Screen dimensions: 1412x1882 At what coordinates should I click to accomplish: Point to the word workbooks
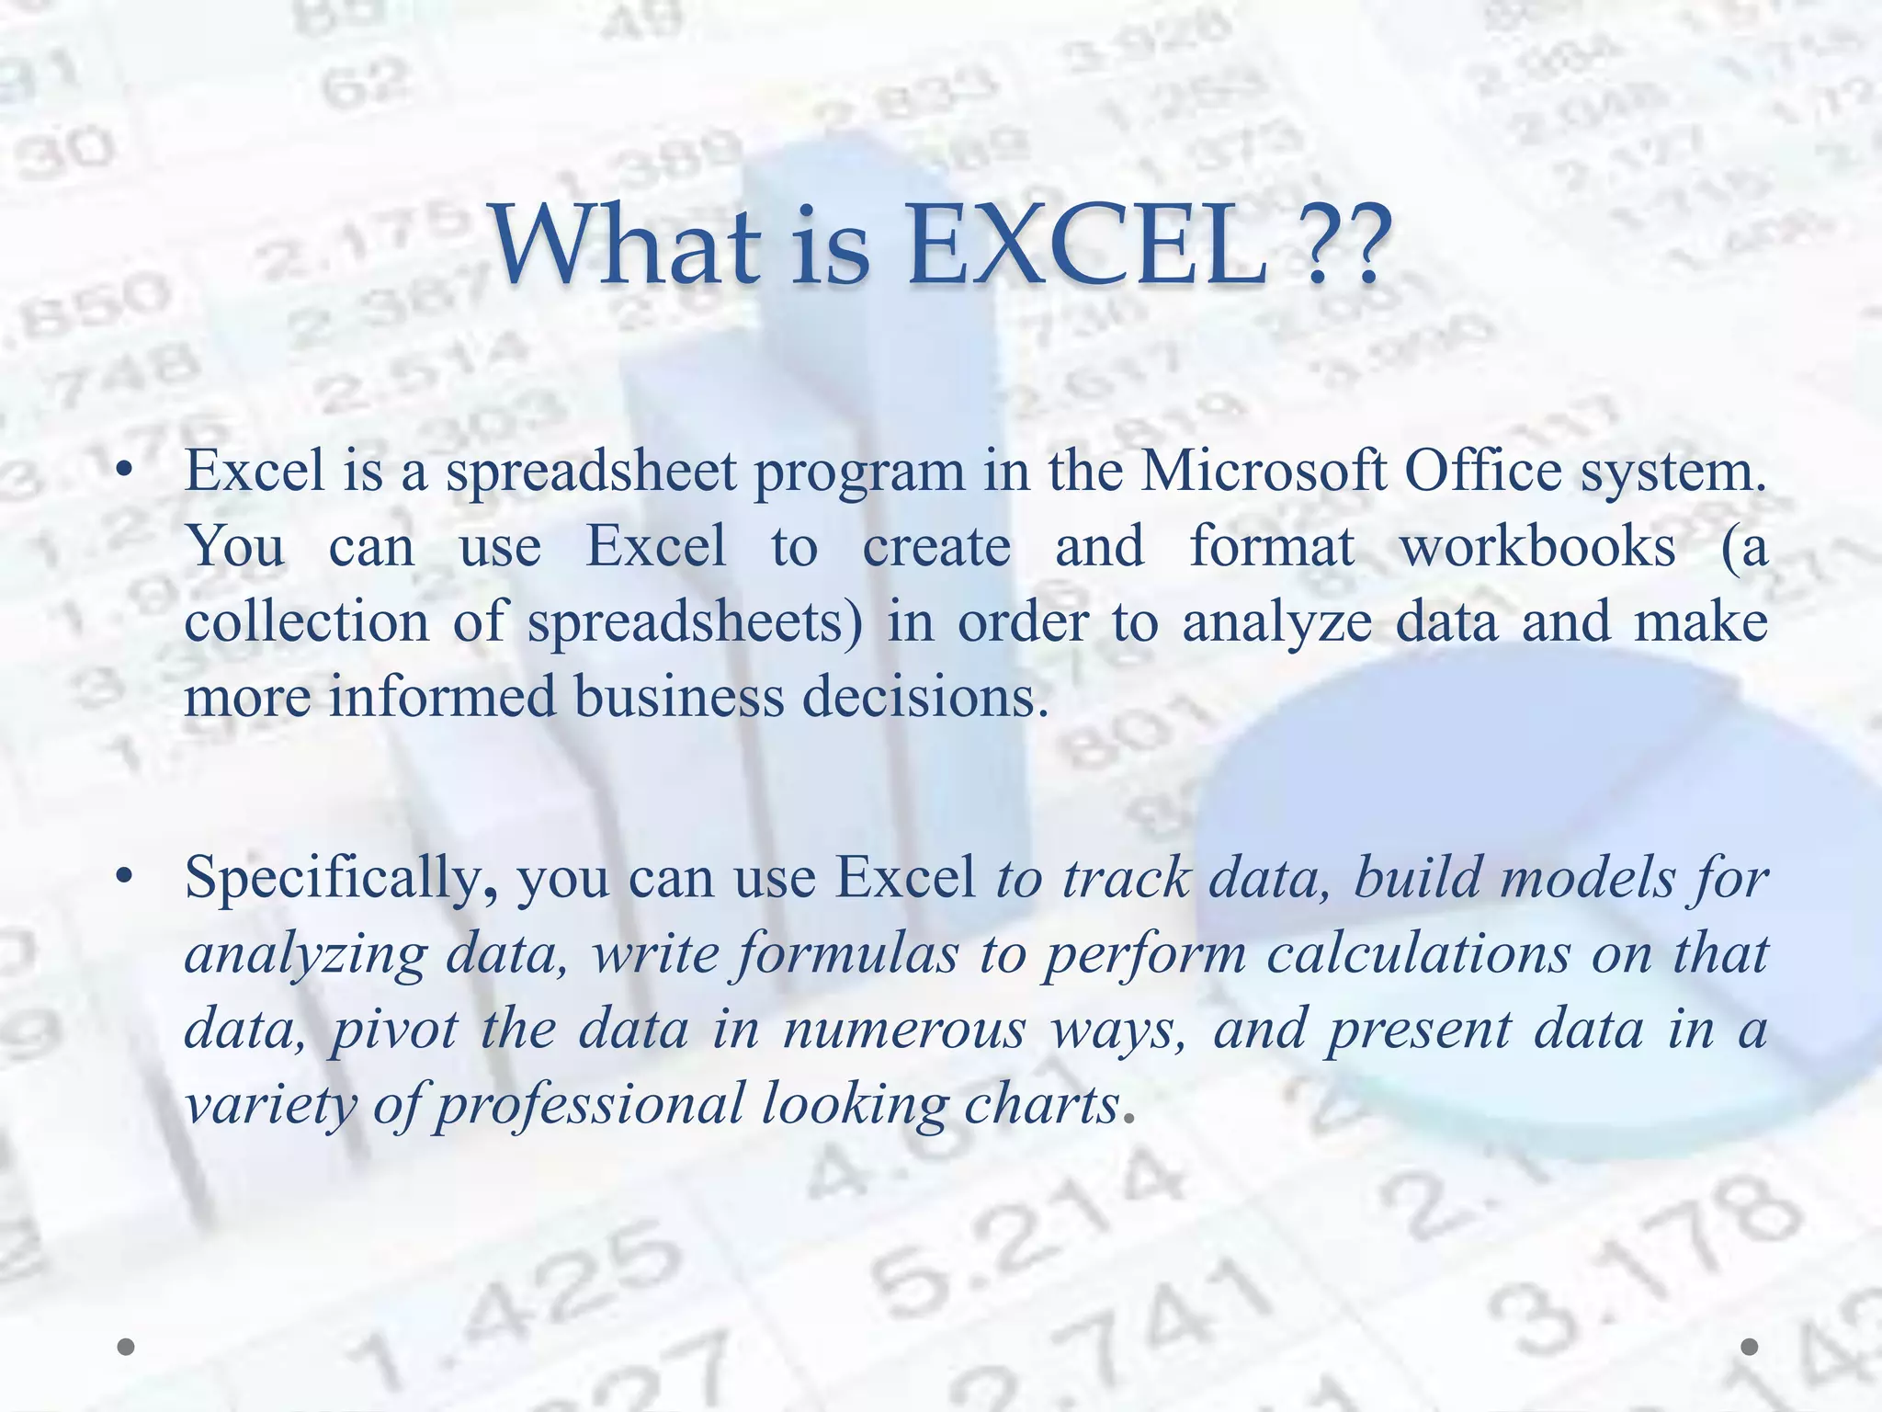pyautogui.click(x=1536, y=547)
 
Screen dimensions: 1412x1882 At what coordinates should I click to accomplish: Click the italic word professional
pyautogui.click(x=589, y=1105)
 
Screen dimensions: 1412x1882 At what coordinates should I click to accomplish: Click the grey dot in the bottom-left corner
pyautogui.click(x=127, y=1347)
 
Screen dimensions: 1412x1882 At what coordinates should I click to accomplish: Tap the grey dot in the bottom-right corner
pyautogui.click(x=1750, y=1347)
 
